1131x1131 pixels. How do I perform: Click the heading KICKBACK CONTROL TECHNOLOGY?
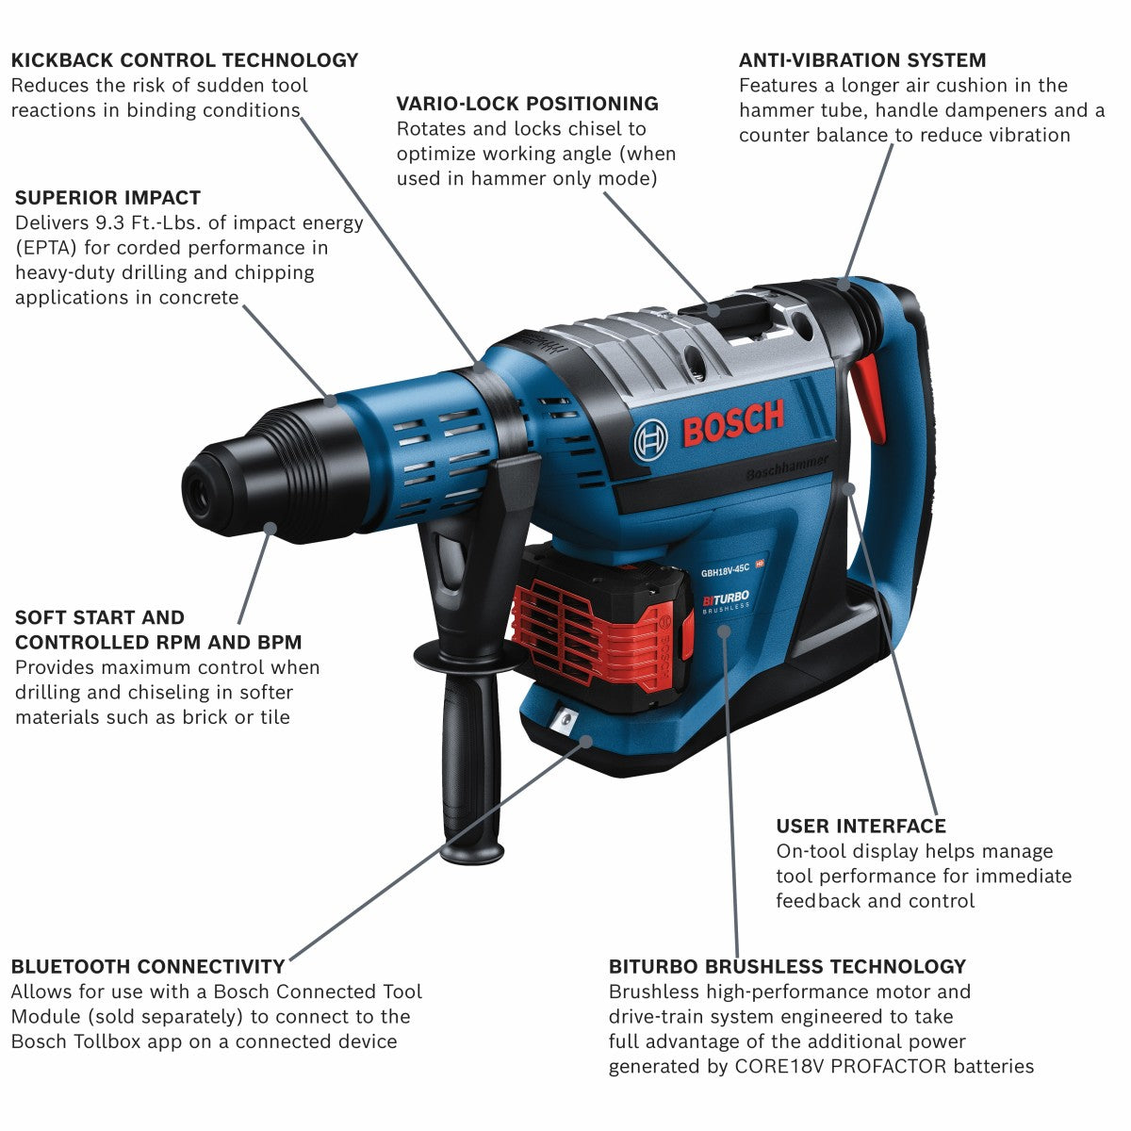[185, 60]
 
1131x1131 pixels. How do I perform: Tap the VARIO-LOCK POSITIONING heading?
[527, 104]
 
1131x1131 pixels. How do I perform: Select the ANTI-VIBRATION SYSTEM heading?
[862, 60]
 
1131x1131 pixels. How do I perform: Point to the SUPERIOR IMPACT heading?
[107, 198]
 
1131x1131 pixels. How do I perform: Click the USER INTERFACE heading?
[861, 827]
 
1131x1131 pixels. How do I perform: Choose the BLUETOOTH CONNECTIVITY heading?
[148, 967]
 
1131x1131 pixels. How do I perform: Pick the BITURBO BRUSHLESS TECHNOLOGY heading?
[787, 967]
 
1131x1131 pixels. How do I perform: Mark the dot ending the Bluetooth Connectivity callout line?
[586, 741]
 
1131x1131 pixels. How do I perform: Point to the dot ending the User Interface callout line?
[849, 488]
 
